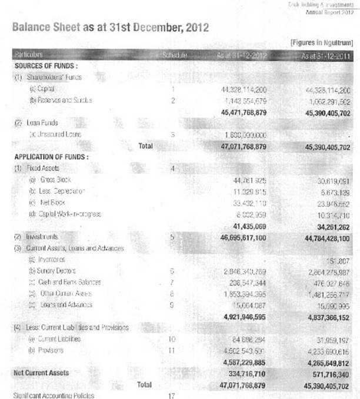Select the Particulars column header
[29, 55]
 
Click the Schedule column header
[174, 55]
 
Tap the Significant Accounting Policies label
[54, 395]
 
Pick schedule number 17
[172, 395]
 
